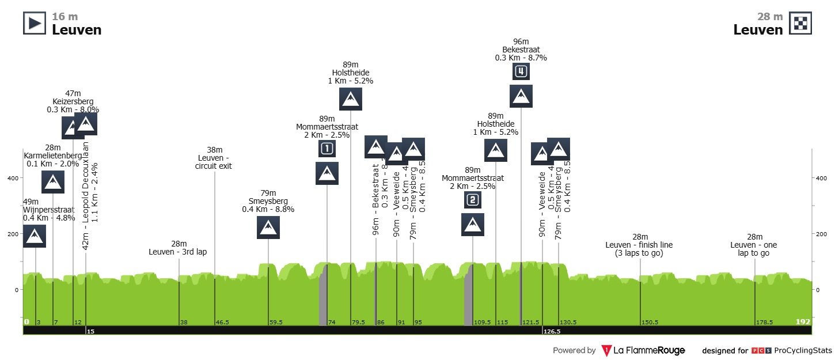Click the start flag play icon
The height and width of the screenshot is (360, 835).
pos(34,24)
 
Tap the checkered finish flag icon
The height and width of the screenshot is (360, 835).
pos(800,24)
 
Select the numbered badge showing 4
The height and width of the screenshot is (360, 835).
pos(521,71)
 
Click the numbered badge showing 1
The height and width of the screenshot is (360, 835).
pos(327,149)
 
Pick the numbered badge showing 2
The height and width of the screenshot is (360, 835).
pos(472,200)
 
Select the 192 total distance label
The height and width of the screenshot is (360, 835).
pos(803,322)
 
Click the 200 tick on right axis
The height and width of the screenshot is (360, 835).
pos(821,234)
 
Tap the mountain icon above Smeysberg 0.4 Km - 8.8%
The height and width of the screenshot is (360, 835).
pos(268,228)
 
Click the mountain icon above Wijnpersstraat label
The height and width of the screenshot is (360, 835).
pos(35,236)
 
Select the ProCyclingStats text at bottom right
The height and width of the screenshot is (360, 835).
pos(803,350)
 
